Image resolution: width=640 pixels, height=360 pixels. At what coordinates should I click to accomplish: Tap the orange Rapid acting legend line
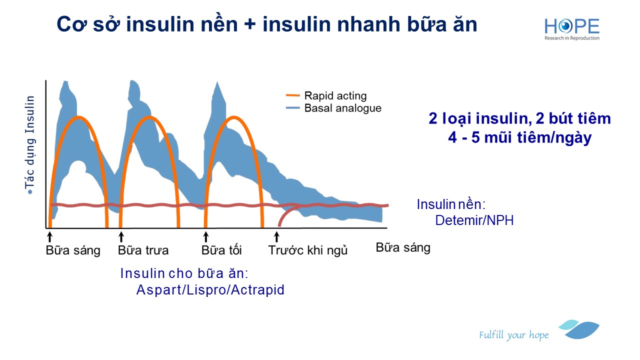coord(293,95)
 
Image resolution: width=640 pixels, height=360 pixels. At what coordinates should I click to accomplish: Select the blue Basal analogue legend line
coord(293,108)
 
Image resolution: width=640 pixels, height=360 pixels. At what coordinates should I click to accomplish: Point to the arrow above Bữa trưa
coord(121,235)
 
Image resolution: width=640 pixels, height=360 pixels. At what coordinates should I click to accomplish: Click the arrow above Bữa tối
coord(205,235)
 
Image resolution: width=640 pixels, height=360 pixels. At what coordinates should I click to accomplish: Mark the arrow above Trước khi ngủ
coord(277,235)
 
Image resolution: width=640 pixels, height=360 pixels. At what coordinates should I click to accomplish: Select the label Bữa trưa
coord(143,250)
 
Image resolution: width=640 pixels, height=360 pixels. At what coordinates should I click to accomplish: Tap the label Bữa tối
coord(221,250)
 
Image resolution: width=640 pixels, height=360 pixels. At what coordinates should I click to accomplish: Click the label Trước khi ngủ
coord(307,250)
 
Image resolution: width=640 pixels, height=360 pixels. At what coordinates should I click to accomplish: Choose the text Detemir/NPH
coord(474,220)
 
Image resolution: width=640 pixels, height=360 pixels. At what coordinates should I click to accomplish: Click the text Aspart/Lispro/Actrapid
coord(210,290)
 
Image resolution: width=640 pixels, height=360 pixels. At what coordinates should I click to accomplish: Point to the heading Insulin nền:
coord(451,204)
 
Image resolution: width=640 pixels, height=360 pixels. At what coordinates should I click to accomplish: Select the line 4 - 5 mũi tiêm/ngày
coord(519,137)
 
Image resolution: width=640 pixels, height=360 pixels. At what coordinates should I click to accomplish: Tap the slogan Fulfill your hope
coord(513,335)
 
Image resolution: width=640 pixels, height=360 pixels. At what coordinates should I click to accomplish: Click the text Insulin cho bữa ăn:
coord(184,273)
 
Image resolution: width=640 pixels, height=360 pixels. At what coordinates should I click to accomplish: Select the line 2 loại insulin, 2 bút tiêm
coord(519,118)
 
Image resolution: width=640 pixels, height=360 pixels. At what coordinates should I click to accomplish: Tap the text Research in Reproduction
coord(572,38)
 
